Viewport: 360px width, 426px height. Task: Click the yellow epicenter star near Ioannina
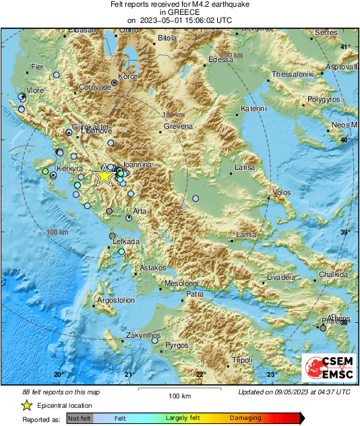(x=104, y=176)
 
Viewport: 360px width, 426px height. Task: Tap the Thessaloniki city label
(x=293, y=74)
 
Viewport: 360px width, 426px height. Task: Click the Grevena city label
(x=178, y=126)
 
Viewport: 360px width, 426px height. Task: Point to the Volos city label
(x=281, y=193)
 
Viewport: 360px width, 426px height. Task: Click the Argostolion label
(x=99, y=299)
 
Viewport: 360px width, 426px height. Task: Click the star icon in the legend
(x=26, y=405)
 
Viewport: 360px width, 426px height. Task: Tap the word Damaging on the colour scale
(x=246, y=418)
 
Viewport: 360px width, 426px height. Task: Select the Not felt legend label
(x=80, y=419)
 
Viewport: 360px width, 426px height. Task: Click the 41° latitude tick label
(x=344, y=47)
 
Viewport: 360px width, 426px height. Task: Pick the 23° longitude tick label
(x=272, y=374)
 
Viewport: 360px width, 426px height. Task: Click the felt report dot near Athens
(x=323, y=328)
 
